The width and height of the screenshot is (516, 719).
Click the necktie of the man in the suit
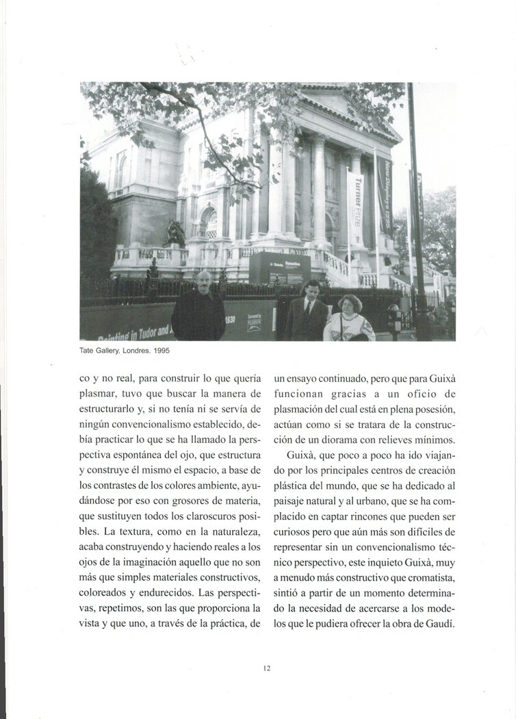[309, 305]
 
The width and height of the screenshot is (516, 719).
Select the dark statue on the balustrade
[174, 234]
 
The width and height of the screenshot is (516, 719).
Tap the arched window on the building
[207, 223]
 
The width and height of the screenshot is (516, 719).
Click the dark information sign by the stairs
[279, 268]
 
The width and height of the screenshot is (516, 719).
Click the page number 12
[266, 668]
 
